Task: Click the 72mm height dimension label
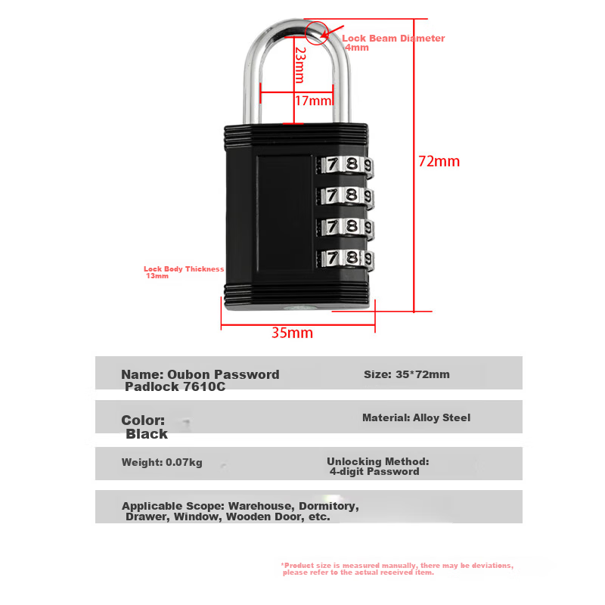(439, 161)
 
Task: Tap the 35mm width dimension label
(292, 333)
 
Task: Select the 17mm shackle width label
(313, 101)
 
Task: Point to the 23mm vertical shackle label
(300, 65)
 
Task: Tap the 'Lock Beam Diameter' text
(393, 39)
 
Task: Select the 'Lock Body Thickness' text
(184, 268)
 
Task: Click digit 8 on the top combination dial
(352, 163)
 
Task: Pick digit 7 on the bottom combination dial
(332, 257)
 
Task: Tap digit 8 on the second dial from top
(352, 194)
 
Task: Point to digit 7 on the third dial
(332, 226)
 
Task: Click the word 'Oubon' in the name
(188, 374)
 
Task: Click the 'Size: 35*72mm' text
(407, 374)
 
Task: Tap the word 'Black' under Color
(147, 434)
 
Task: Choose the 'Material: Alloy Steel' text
(417, 417)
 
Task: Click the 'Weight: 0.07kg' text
(162, 462)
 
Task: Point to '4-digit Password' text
(374, 471)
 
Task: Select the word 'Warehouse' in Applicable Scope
(262, 506)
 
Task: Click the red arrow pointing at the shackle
(332, 32)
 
